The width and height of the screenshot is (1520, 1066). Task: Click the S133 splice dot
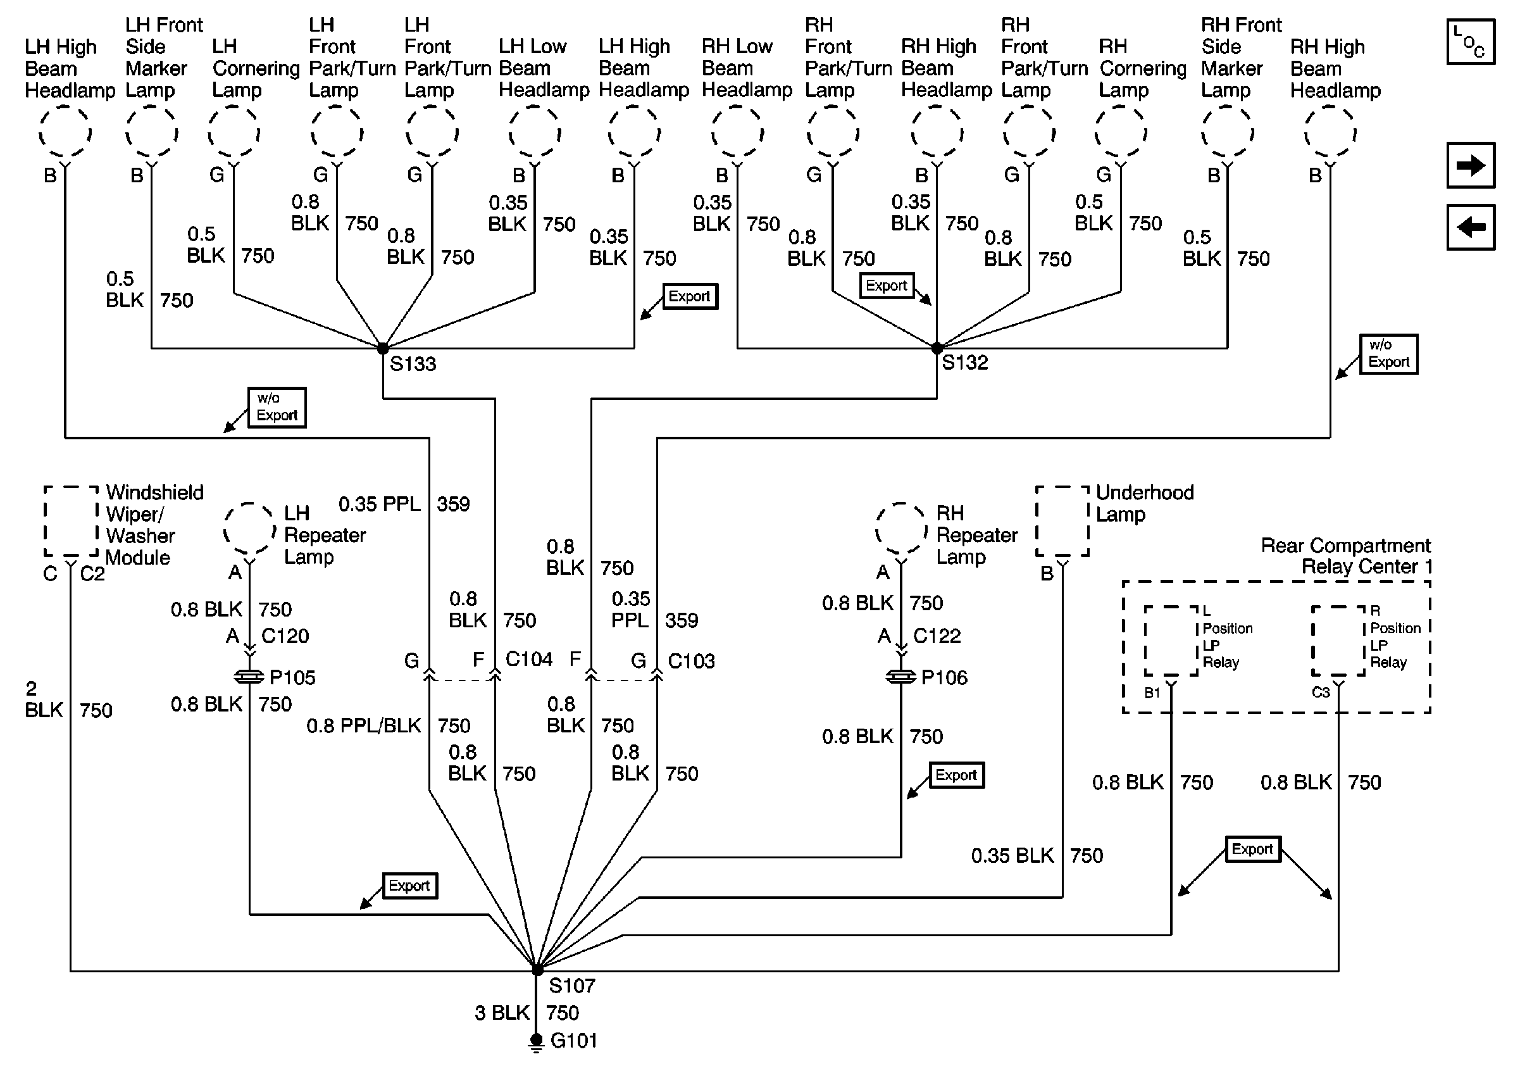pos(383,348)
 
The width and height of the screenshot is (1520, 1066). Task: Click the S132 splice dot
pos(937,348)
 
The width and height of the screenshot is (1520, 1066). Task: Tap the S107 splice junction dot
pos(537,969)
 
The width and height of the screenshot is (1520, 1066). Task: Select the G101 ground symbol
pos(536,1042)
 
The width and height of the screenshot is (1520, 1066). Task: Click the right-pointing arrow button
pos(1471,165)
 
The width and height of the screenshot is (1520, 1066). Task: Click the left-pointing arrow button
pos(1471,227)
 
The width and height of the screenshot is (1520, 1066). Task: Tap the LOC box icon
pos(1471,42)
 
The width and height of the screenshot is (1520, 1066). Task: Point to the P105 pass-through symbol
pos(249,677)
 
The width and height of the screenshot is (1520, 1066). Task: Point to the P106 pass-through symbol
pos(901,677)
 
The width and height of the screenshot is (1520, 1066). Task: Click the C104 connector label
pos(528,660)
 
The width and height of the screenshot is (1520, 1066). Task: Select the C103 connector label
pos(691,661)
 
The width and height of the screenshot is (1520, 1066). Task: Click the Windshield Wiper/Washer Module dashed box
pos(71,521)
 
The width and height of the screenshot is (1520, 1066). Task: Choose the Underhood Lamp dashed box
pos(1062,521)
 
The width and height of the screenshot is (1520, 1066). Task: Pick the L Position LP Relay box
pos(1171,641)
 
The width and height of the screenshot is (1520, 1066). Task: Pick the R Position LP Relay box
pos(1338,641)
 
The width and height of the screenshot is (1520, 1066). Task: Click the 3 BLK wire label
pos(502,1013)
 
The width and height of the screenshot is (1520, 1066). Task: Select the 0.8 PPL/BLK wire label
pos(363,725)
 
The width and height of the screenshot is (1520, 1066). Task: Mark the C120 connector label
pos(285,636)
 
